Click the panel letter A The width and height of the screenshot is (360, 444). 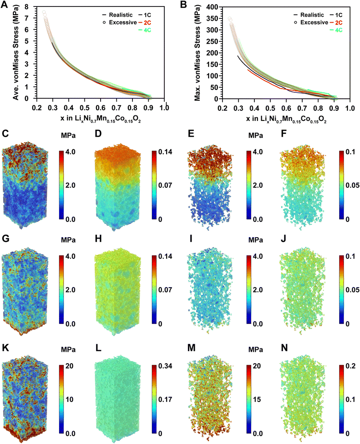6,5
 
